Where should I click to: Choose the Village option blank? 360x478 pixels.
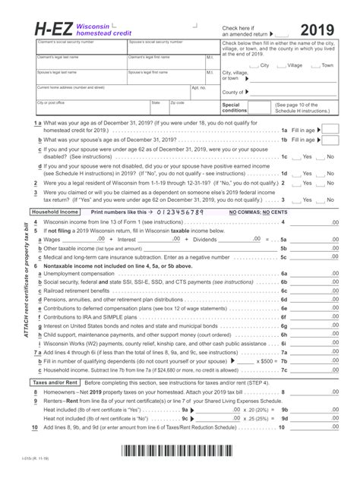[x=281, y=65]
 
